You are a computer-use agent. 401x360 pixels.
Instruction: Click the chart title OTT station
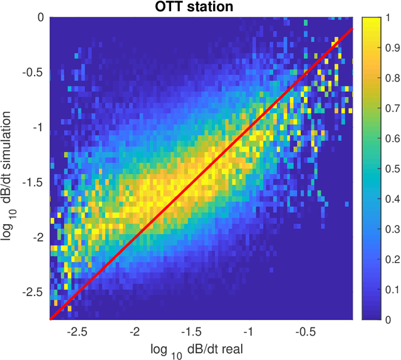pyautogui.click(x=200, y=6)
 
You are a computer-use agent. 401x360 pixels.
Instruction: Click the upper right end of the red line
pyautogui.click(x=352, y=29)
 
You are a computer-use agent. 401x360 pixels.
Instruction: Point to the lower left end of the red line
pyautogui.click(x=50, y=319)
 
